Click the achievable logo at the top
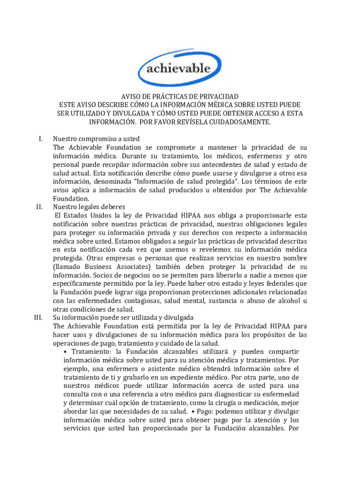coord(180,68)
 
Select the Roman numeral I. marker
coord(41,139)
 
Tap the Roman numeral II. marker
coord(40,207)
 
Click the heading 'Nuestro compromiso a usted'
coord(96,139)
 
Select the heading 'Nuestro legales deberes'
coord(89,207)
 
